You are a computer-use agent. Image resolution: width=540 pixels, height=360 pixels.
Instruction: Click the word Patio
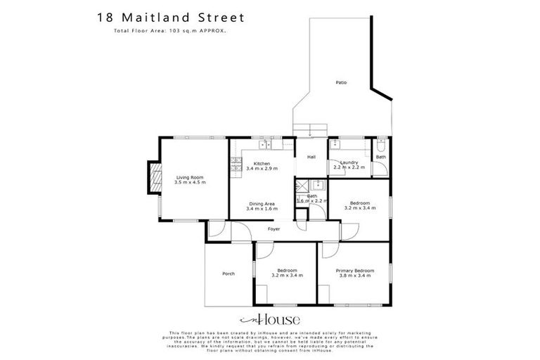point(341,83)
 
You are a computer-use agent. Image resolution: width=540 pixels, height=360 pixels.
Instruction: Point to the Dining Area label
point(261,204)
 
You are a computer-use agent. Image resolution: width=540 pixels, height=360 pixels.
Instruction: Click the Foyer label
point(274,229)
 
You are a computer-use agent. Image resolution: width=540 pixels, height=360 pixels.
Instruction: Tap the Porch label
point(228,274)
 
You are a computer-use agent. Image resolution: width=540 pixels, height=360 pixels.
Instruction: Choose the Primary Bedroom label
point(354,271)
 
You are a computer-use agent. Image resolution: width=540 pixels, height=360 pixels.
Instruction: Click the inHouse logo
point(270,318)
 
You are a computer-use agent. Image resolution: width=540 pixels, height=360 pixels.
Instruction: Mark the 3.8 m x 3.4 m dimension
point(354,275)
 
